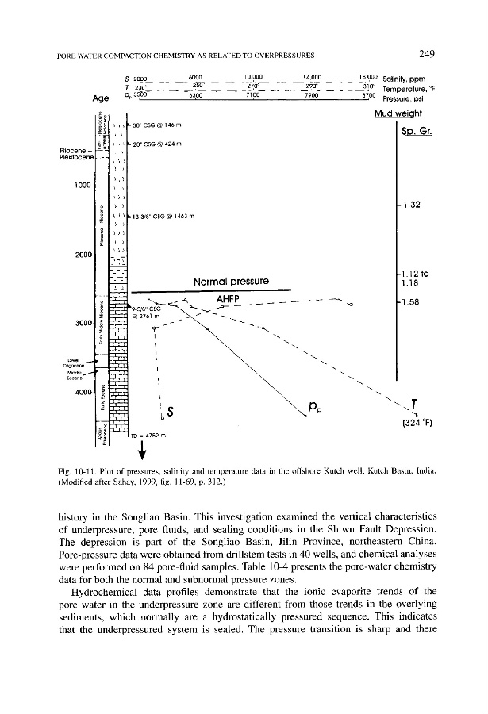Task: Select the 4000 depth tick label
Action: click(82, 391)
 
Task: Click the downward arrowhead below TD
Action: click(143, 454)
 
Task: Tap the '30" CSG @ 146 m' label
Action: click(149, 125)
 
